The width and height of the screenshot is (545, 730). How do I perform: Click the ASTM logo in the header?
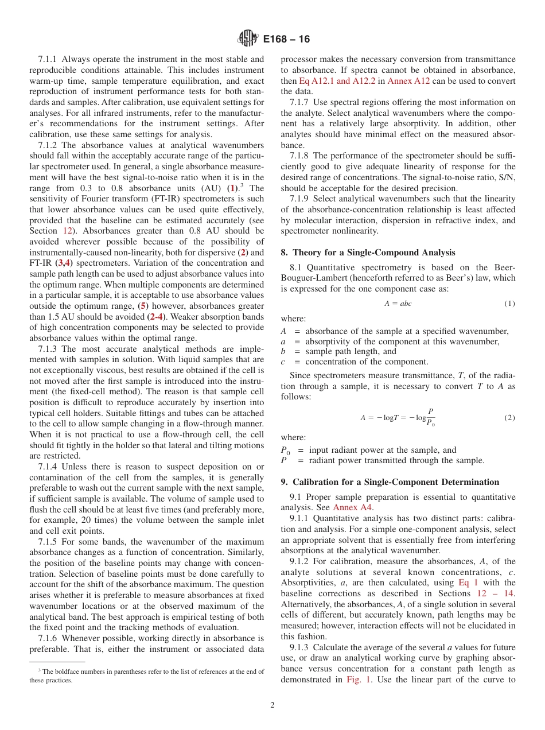[248, 39]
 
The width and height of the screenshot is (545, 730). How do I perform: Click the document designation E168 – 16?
[286, 39]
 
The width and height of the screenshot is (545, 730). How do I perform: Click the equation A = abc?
[398, 304]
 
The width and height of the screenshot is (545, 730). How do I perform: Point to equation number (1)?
[509, 304]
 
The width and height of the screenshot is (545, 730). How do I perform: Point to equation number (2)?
[509, 418]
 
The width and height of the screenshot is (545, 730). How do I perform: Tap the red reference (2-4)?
[157, 317]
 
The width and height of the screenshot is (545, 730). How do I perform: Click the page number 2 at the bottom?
[272, 705]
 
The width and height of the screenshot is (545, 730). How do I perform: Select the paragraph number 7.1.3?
[49, 349]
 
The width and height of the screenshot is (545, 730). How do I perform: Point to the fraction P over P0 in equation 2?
[430, 417]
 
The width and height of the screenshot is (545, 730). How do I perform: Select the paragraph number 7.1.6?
[49, 638]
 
